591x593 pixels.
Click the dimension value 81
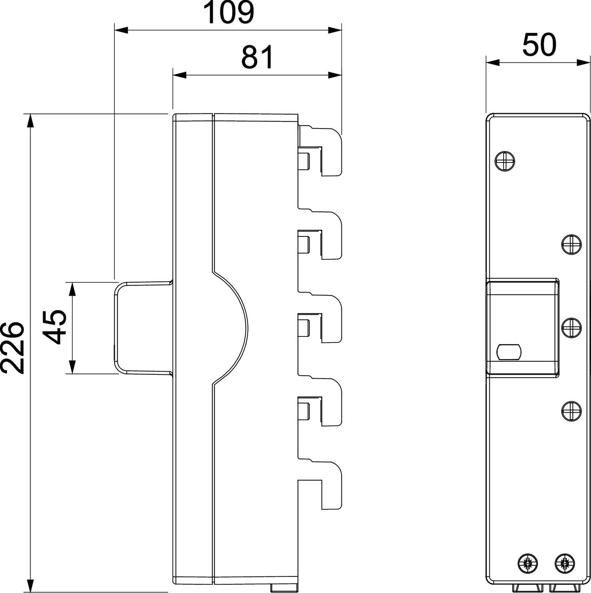click(257, 57)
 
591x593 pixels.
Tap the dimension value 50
click(539, 45)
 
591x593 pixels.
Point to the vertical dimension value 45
click(54, 327)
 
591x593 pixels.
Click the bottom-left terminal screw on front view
click(528, 563)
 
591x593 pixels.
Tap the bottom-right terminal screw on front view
click(564, 563)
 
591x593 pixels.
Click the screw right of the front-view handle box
click(571, 328)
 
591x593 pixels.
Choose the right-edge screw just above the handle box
click(571, 244)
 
